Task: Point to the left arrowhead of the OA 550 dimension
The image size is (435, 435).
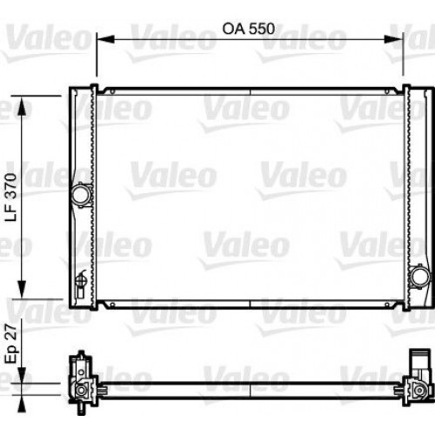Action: [100, 38]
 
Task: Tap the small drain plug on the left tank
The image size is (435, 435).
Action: [80, 278]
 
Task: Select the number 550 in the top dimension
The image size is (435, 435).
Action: [260, 27]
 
